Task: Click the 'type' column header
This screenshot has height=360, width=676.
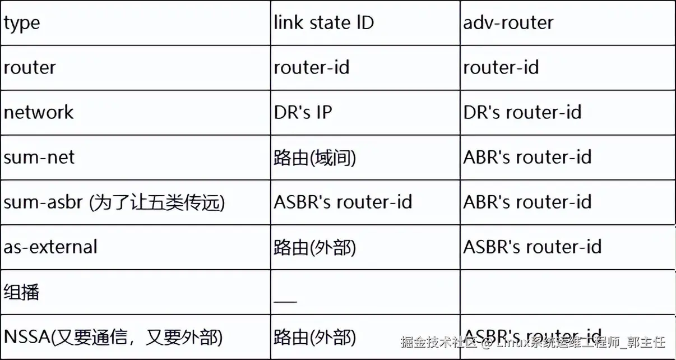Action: coord(22,24)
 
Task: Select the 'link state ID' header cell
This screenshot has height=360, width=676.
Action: coord(323,23)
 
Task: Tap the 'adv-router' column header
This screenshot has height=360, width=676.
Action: coord(508,23)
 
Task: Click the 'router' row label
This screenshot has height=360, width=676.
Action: coord(30,68)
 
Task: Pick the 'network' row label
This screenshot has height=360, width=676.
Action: coord(39,112)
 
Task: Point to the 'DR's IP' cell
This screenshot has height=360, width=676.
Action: coord(303,112)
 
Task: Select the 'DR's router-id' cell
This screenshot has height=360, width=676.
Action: coord(522,112)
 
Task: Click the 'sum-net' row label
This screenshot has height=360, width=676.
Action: coord(39,157)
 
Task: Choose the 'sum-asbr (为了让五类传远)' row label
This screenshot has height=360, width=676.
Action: coord(114,202)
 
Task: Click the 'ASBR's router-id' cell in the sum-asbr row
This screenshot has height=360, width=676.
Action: coord(343,202)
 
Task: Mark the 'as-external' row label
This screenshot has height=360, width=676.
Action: coord(50,247)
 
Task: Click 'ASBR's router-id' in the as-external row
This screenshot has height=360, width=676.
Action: coord(533,247)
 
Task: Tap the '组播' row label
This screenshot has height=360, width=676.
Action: coord(22,292)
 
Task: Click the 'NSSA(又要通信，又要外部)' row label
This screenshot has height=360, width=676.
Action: coord(113,337)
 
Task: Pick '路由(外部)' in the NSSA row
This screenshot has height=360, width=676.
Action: coord(315,338)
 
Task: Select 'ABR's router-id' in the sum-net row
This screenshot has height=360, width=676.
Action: coord(527,157)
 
